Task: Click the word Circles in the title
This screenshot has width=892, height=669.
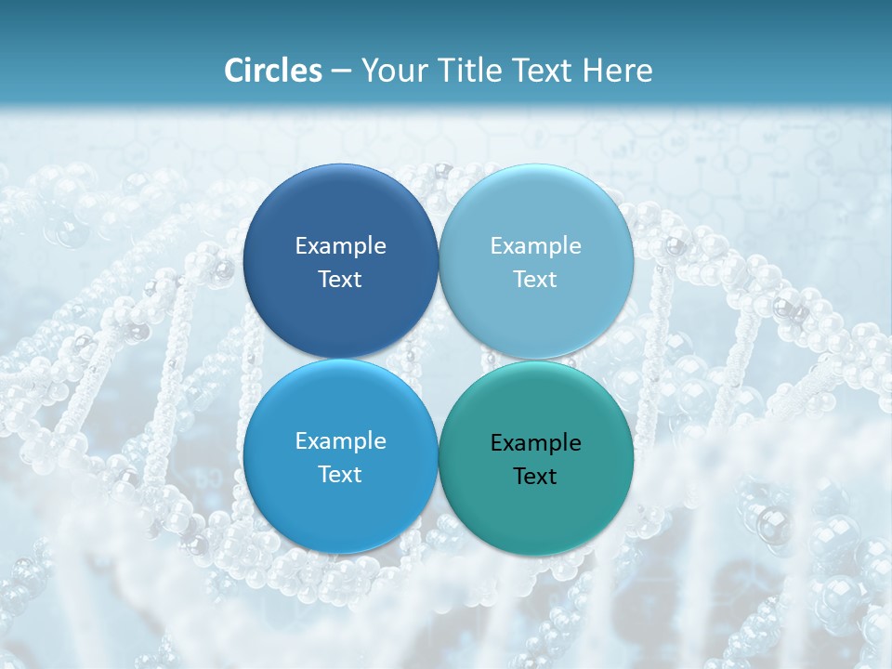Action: point(273,71)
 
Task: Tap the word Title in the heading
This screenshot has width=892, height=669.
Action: point(476,71)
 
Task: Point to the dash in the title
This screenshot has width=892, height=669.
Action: point(341,72)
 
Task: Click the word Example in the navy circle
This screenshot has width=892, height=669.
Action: point(340,246)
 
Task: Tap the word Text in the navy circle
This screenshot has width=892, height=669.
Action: point(340,280)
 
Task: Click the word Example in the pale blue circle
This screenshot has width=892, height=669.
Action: point(536,246)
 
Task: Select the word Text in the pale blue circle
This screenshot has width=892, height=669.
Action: point(536,280)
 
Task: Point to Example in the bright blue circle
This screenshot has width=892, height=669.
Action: point(340,441)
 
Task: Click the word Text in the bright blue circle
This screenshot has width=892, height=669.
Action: point(340,475)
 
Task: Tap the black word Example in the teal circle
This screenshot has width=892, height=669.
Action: point(536,443)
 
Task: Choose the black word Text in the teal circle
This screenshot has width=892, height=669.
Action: point(536,477)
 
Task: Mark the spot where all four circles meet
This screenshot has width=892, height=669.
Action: point(439,359)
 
